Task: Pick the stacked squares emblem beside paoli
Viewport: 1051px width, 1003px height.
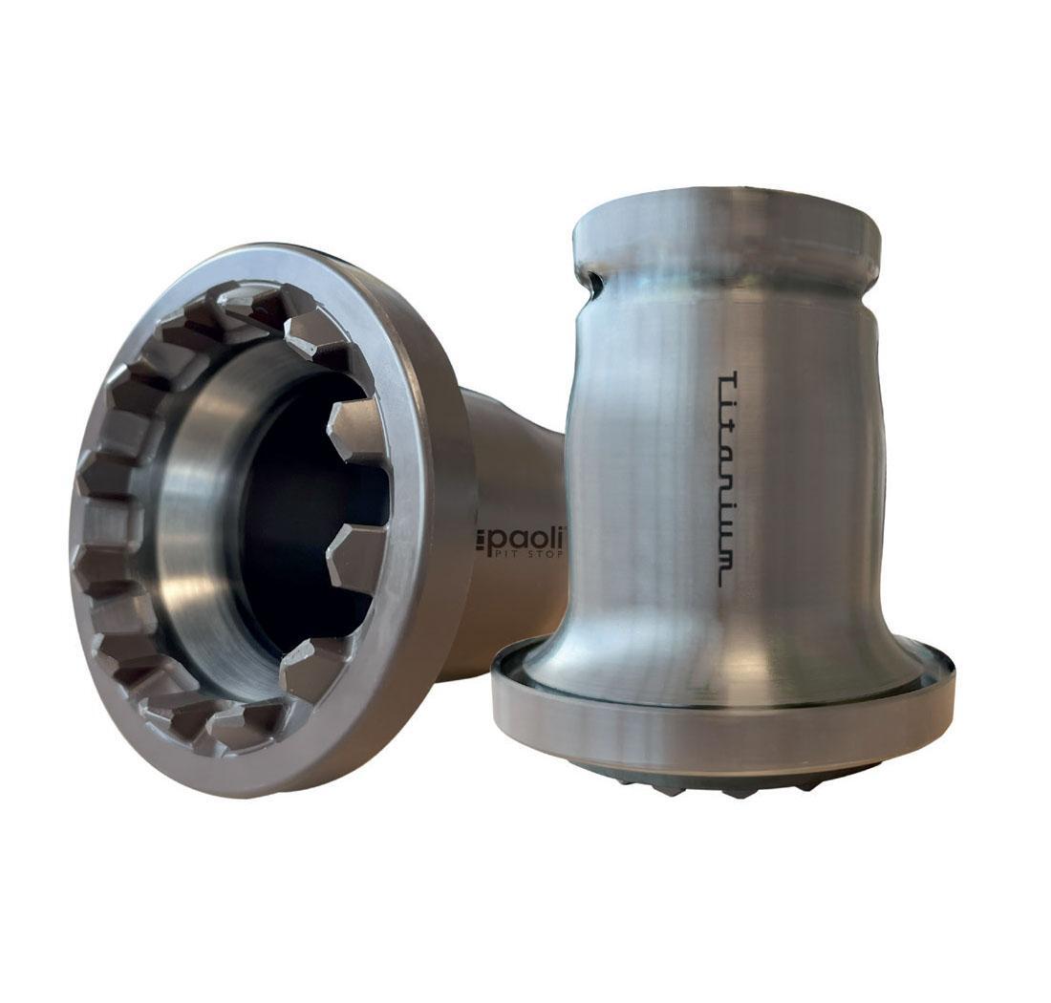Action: pyautogui.click(x=481, y=541)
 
